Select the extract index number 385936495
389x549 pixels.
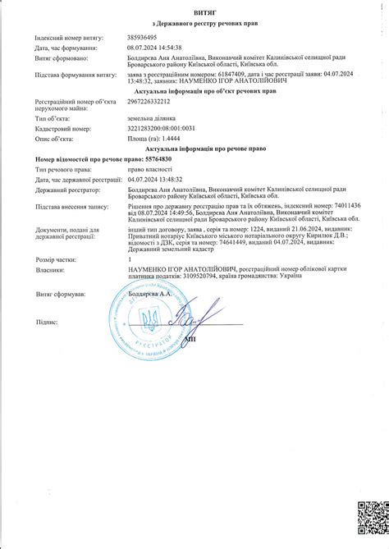[x=145, y=39]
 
